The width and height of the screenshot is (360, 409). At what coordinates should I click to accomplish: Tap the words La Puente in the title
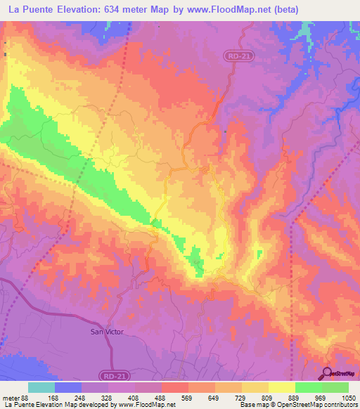point(32,10)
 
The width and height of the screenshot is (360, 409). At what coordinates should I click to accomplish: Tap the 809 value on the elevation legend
point(254,398)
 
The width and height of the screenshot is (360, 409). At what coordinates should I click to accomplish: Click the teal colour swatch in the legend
point(41,388)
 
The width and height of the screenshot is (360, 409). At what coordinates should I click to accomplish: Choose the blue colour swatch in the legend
point(68,388)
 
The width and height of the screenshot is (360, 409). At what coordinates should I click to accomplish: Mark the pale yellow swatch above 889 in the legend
point(282,388)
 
